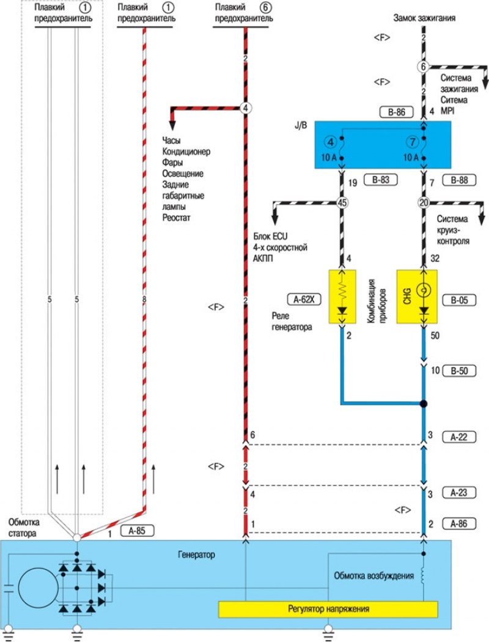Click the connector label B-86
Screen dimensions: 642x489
397,112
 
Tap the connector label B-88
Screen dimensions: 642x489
458,180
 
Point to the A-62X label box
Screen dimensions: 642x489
303,299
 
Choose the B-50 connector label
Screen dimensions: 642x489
458,370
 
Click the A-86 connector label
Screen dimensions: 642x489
458,523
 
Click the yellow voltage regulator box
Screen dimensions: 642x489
328,609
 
